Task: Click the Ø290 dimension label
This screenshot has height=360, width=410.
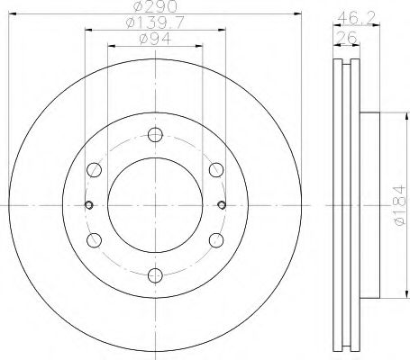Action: (x=153, y=8)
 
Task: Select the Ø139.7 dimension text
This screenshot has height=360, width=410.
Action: (x=153, y=25)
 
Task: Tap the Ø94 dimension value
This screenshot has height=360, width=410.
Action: (x=153, y=40)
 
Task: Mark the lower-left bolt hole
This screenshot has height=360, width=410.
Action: (x=94, y=239)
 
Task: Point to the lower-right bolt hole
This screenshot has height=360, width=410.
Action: (x=214, y=239)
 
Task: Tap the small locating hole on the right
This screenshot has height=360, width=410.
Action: (x=221, y=204)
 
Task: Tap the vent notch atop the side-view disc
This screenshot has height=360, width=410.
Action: (x=344, y=65)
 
